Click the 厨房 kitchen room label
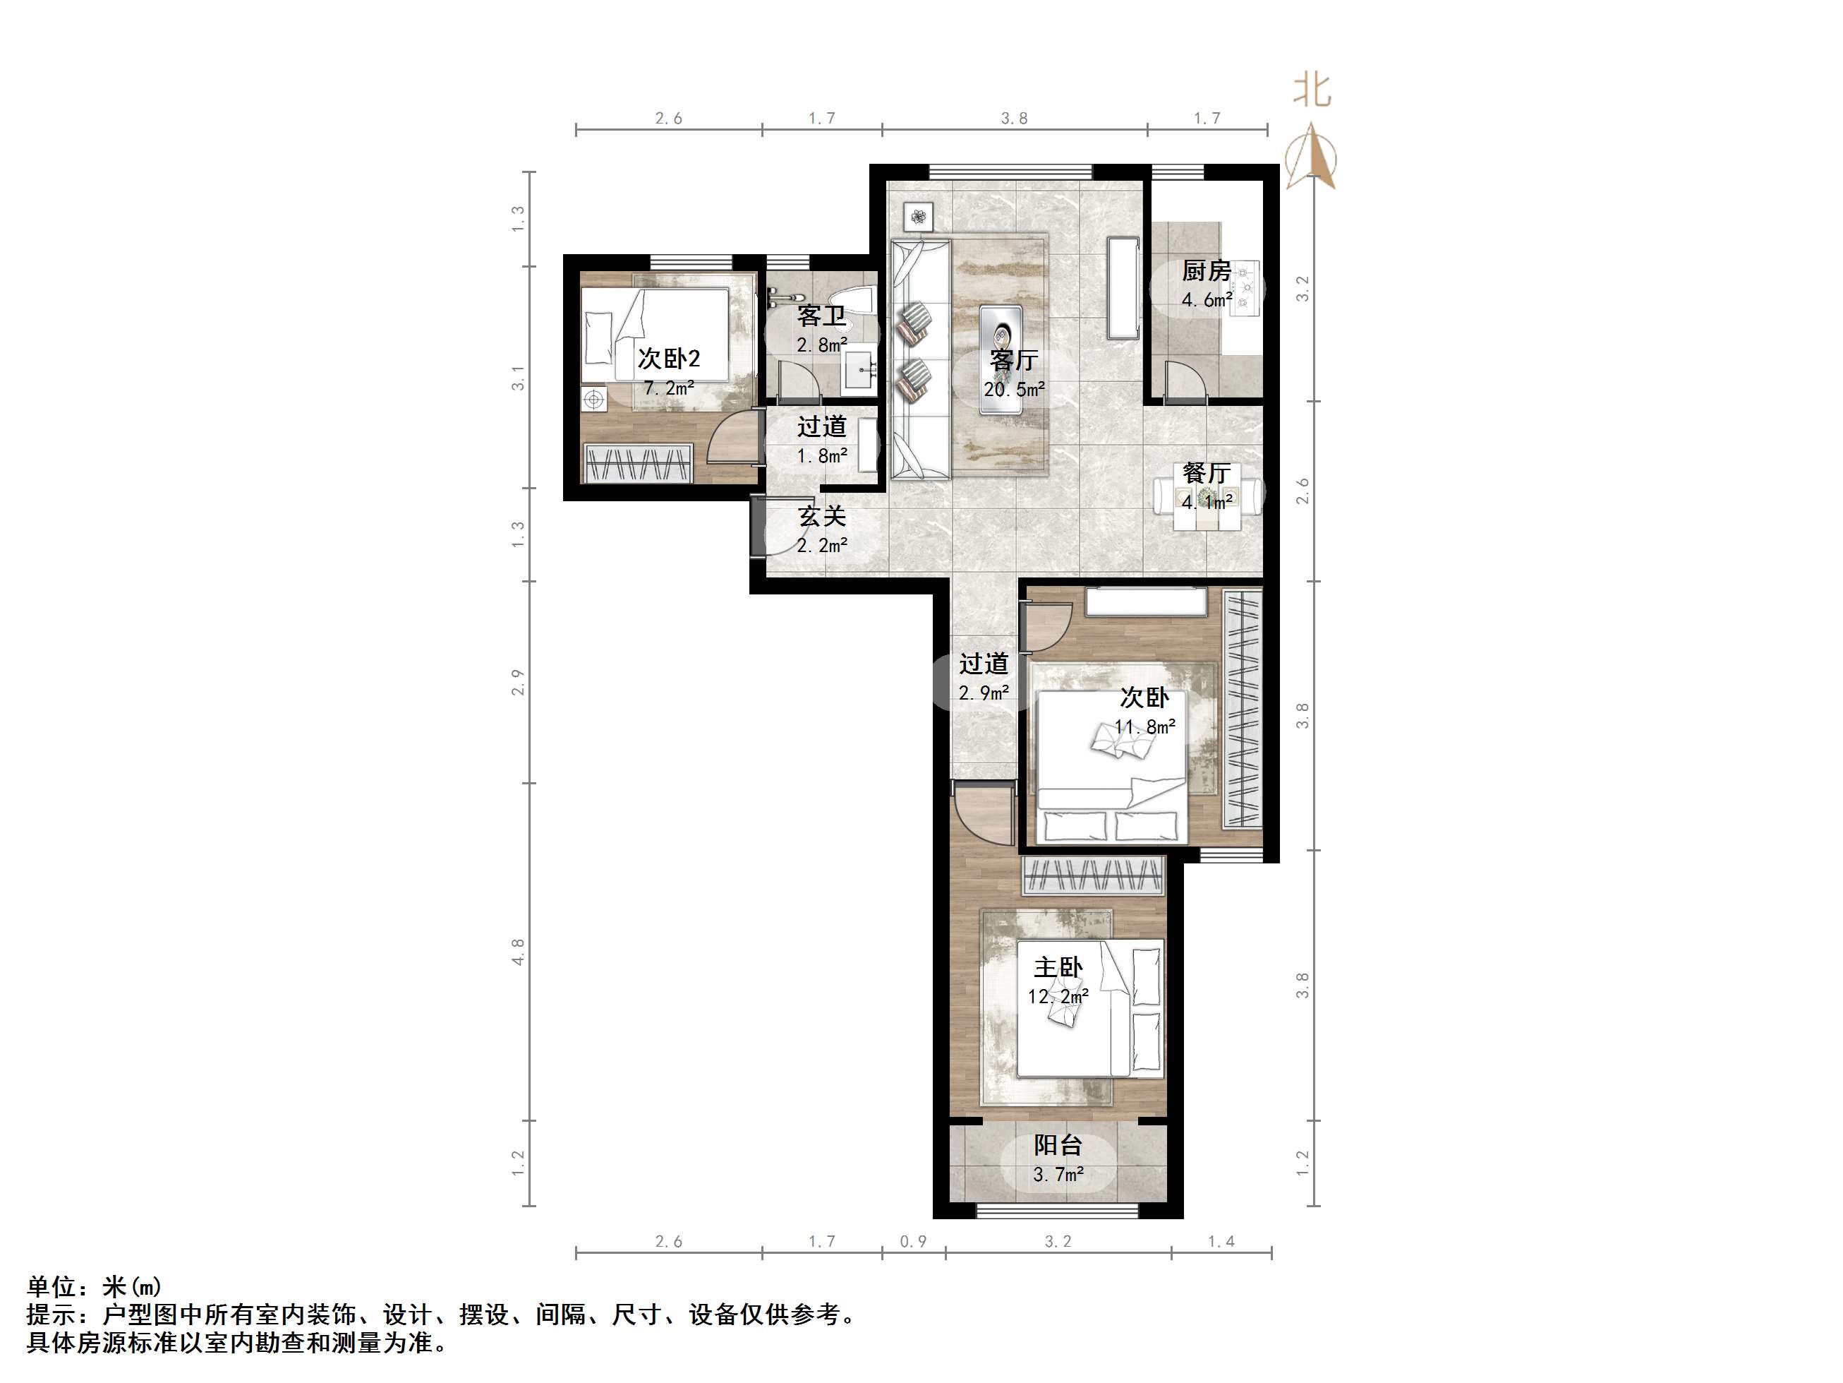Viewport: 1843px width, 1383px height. (1206, 271)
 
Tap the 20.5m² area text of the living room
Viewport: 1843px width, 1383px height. (1014, 389)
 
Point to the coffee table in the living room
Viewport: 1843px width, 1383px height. (1001, 359)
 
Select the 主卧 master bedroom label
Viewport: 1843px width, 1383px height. (1058, 968)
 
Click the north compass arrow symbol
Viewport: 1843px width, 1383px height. (1312, 158)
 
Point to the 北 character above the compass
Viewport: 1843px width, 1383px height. (1312, 90)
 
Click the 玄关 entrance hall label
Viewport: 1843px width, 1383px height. (822, 517)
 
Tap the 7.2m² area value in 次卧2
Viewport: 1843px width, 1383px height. (669, 388)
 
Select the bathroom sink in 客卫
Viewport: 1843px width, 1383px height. (858, 371)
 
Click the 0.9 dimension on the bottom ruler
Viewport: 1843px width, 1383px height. (913, 1241)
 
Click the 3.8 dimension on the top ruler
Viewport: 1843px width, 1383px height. (1014, 119)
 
